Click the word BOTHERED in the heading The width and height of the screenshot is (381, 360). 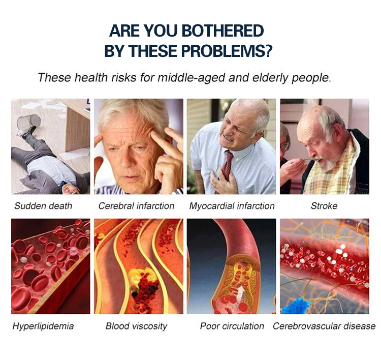[x=223, y=31]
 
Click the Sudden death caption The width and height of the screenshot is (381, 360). [x=43, y=206]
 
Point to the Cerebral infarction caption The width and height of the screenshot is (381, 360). [x=136, y=206]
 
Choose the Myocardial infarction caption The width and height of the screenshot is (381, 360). [x=232, y=206]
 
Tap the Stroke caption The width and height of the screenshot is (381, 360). [x=324, y=206]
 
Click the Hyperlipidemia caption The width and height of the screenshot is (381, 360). [x=43, y=326]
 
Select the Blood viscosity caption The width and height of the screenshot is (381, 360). [x=136, y=326]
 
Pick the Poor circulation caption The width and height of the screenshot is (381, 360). [x=232, y=326]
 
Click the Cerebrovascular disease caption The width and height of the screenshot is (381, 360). [x=324, y=326]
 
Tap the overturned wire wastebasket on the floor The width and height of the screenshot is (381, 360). [x=29, y=121]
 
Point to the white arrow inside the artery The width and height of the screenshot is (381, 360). [x=241, y=292]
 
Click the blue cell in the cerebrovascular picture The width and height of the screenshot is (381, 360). [x=295, y=305]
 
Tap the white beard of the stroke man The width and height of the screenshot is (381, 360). [x=328, y=164]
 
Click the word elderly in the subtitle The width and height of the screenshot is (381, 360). [x=270, y=78]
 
